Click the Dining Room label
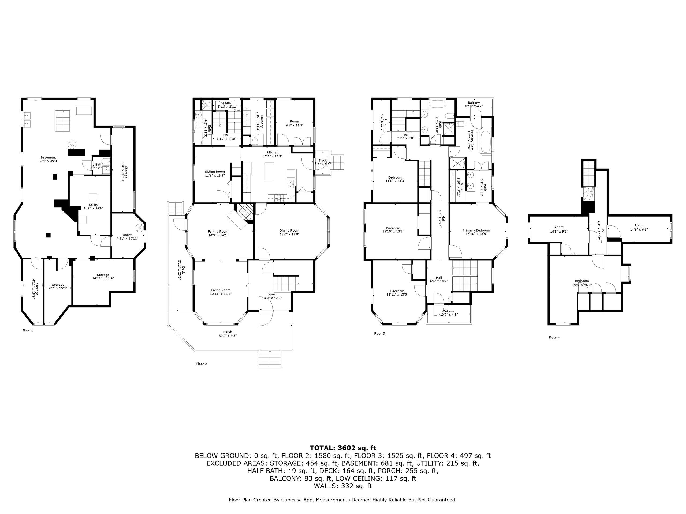(289, 230)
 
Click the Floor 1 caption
(28, 330)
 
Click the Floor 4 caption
(554, 337)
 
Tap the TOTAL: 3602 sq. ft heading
(343, 448)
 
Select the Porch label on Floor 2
(227, 332)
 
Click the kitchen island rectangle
(269, 172)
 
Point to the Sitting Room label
(215, 171)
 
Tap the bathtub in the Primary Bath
(485, 141)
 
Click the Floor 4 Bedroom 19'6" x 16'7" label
(582, 281)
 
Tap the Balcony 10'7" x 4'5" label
(449, 311)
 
